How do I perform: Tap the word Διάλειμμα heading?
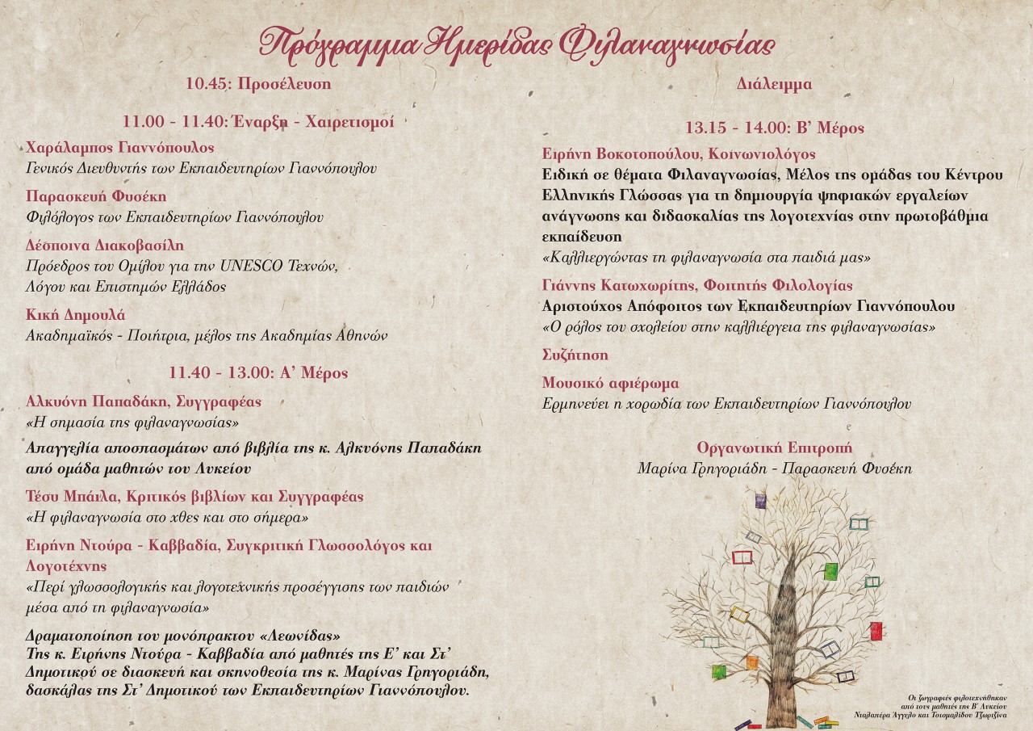774,84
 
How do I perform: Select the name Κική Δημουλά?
76,315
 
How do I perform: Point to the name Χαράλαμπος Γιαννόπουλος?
120,148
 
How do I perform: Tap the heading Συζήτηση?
575,355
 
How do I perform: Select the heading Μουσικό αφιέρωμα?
610,383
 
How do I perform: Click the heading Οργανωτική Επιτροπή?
774,447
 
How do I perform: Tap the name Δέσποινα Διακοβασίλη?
105,246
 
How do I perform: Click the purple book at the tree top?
760,501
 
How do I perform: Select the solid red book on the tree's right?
876,631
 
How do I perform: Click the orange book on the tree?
751,663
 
